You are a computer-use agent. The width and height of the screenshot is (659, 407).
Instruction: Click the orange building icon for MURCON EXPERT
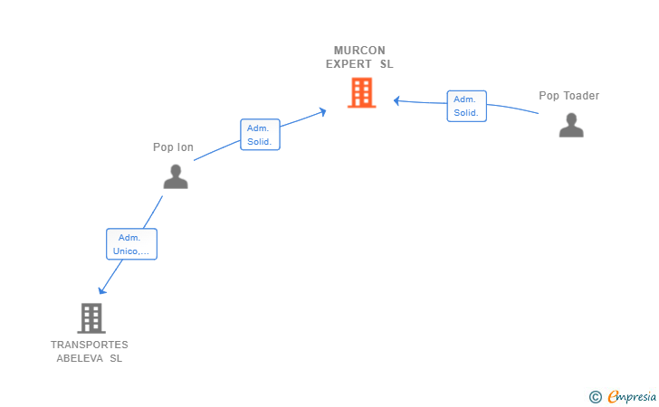pos(361,93)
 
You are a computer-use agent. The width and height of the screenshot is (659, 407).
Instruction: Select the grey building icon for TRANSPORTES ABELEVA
pos(91,318)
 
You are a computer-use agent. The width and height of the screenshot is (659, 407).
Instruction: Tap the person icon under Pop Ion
pos(176,176)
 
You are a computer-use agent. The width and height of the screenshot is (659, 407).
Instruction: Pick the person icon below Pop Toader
pos(571,125)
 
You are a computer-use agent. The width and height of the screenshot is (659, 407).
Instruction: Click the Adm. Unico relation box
pos(131,244)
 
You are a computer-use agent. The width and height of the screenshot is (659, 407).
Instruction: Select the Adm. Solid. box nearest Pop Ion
pos(260,135)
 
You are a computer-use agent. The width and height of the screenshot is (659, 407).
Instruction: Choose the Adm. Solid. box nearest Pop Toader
pos(466,106)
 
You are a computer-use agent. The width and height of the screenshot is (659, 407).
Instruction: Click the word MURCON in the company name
pos(359,51)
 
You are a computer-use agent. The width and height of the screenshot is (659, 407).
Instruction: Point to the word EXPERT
pos(349,64)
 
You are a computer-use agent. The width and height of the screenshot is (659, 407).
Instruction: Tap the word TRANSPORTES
pos(90,345)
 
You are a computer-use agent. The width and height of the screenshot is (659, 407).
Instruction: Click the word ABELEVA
pos(80,358)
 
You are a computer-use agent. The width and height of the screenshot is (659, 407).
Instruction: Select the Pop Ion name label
pos(173,147)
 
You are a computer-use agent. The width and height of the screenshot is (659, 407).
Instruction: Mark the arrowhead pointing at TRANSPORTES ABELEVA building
pos(101,290)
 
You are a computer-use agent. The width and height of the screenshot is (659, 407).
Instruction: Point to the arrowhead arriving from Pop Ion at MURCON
pos(323,111)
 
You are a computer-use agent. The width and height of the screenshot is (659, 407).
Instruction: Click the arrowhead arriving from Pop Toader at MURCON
pos(396,100)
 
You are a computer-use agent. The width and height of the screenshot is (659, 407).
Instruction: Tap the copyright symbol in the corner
pos(595,397)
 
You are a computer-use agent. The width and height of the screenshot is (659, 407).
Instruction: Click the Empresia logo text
pos(632,396)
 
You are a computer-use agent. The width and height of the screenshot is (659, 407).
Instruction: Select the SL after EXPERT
pos(387,64)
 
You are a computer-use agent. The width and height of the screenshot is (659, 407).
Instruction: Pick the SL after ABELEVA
pos(116,358)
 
